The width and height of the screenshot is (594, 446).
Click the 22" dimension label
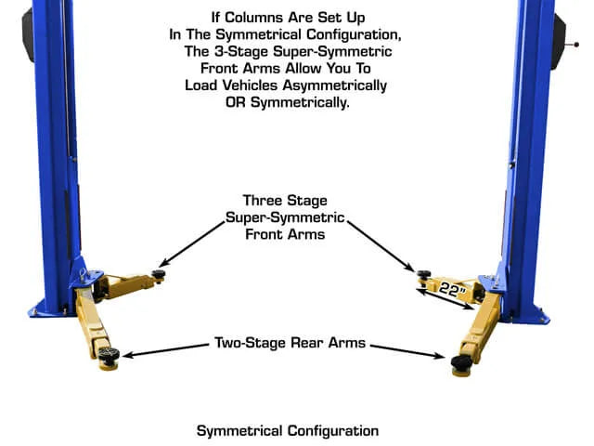click(453, 289)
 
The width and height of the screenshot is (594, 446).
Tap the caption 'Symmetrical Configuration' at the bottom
click(288, 431)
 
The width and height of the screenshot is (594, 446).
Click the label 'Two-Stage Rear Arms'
click(290, 343)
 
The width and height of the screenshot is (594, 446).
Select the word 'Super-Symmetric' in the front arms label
click(286, 217)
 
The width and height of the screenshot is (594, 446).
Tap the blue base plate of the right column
click(534, 314)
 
